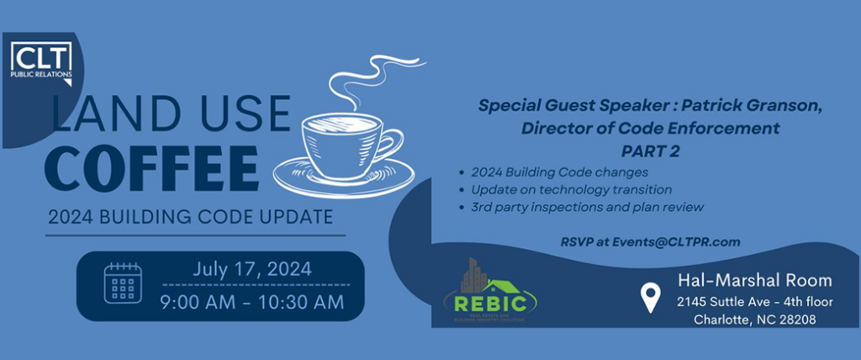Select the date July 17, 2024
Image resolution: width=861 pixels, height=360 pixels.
[x=251, y=270]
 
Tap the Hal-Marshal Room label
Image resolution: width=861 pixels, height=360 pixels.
[x=754, y=280]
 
